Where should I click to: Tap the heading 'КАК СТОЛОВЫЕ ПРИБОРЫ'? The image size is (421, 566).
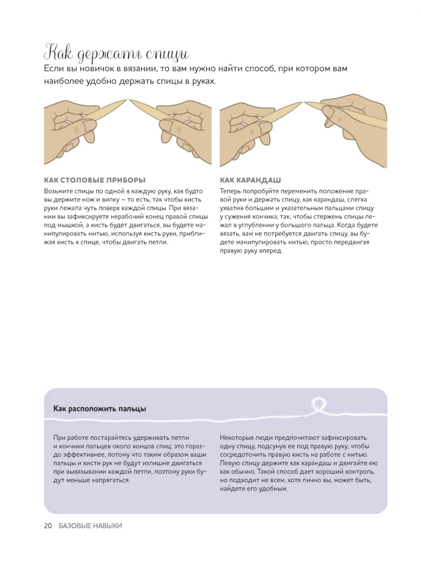tap(95, 180)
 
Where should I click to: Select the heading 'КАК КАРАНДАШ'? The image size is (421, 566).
tap(250, 180)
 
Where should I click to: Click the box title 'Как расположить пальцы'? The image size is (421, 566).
tap(99, 409)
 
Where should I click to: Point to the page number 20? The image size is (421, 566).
tap(48, 526)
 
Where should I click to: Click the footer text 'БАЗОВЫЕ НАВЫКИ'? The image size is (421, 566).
tap(90, 526)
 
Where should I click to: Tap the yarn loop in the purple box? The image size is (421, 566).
tap(318, 405)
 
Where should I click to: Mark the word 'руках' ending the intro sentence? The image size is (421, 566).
tap(204, 82)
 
